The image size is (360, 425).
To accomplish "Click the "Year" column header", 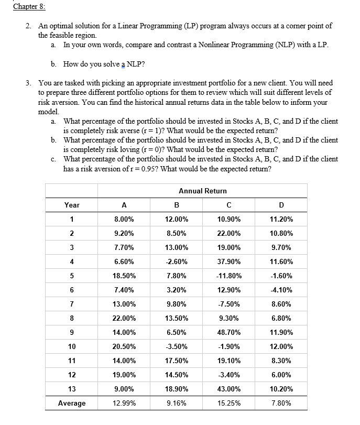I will (x=72, y=205).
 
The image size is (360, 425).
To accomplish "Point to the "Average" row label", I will (x=72, y=403).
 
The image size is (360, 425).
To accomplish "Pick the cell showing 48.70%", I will (x=228, y=332).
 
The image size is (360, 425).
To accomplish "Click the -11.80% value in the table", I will (x=228, y=276).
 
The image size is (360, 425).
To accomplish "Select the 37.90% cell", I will (x=228, y=261).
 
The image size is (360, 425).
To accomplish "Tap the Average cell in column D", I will (x=281, y=403).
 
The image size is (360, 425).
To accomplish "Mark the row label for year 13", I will (x=72, y=389).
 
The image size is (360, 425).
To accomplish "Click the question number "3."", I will (x=28, y=83).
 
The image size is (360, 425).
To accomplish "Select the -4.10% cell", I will (x=281, y=290).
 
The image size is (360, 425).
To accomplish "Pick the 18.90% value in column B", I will (x=176, y=389).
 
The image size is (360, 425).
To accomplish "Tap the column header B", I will (x=176, y=205).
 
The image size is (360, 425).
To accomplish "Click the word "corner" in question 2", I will (x=297, y=26).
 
